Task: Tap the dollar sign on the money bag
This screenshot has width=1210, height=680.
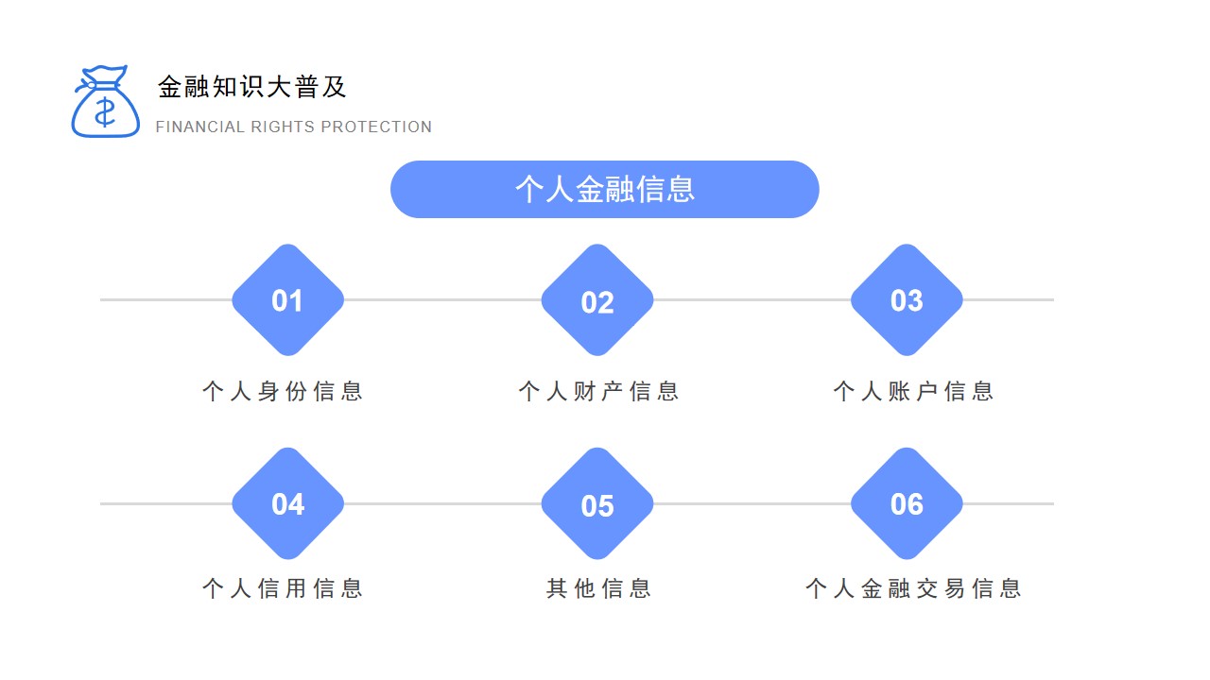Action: [x=105, y=112]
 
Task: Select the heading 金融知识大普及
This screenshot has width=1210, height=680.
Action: [x=251, y=87]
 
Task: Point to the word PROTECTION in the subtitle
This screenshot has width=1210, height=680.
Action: [x=376, y=127]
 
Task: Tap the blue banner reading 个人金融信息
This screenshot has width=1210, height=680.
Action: [x=604, y=190]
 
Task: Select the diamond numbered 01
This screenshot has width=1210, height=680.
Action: [x=288, y=300]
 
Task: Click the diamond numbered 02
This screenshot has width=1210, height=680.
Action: [x=597, y=300]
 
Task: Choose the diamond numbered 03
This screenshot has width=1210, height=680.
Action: [x=907, y=300]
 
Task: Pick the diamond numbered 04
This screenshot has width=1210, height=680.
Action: [x=288, y=503]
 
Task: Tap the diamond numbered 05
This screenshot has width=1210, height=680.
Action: [x=597, y=503]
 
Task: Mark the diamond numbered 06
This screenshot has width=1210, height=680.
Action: [x=907, y=503]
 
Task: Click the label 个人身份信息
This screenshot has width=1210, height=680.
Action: [x=283, y=391]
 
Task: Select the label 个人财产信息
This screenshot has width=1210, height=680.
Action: [x=598, y=391]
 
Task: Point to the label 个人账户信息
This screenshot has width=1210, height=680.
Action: [x=913, y=391]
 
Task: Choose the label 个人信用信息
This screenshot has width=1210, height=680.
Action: [x=283, y=588]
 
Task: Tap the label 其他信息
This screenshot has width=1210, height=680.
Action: [x=598, y=588]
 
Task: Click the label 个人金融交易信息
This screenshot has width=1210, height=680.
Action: [x=913, y=588]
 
